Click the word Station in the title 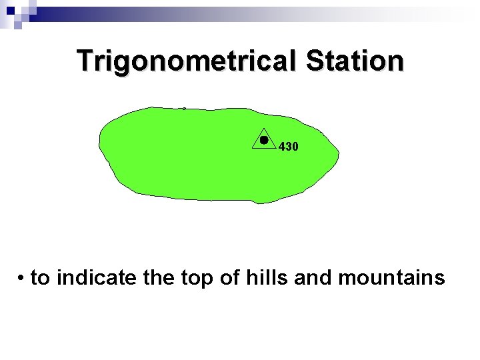pos(355,61)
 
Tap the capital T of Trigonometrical pos(85,61)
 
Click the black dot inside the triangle pos(264,140)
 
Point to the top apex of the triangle pos(264,127)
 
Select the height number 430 pos(288,146)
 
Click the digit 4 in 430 pos(282,146)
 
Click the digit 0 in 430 pos(295,146)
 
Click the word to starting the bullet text pos(41,277)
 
